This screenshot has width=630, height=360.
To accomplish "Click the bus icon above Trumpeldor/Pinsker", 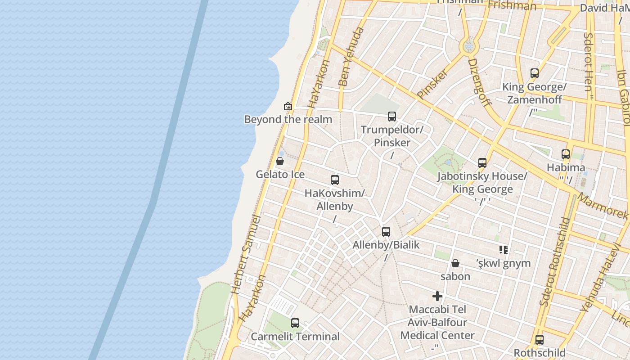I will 392,117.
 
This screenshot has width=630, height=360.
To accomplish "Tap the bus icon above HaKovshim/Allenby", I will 335,180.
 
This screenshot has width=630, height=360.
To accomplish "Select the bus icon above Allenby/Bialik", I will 386,232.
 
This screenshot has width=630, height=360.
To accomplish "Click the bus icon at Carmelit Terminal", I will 295,323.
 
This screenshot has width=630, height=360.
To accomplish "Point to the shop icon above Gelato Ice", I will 280,161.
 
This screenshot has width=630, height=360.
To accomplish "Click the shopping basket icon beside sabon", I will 455,263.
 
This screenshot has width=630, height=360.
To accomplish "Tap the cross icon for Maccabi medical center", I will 437,296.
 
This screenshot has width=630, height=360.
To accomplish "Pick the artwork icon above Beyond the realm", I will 288,107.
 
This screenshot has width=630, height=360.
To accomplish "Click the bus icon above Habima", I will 566,154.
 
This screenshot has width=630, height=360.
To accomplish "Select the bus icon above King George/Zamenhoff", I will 535,73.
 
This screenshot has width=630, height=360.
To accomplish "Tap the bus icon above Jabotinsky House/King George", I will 482,163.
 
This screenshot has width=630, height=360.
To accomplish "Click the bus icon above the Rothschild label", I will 540,340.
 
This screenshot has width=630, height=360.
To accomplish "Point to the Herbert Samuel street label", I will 245,254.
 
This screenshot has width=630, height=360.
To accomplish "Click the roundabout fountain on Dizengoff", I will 469,46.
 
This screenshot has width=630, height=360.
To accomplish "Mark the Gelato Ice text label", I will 280,175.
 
